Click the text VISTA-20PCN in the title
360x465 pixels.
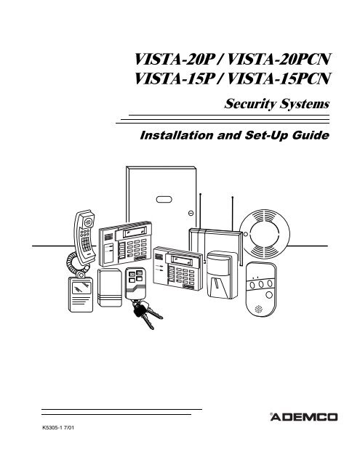click(279, 60)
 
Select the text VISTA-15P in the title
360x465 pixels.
click(175, 79)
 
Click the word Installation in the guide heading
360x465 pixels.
click(177, 135)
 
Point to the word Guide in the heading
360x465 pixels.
click(311, 136)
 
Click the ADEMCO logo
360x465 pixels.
click(303, 417)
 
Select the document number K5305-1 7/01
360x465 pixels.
click(58, 427)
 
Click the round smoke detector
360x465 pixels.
click(265, 234)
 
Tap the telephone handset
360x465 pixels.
click(84, 238)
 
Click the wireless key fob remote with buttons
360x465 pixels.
click(135, 284)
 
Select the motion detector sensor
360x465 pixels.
click(222, 275)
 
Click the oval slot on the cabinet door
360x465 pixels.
click(164, 200)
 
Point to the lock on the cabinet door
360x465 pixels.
click(191, 213)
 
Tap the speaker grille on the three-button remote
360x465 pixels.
click(258, 310)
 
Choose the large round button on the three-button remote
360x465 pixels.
click(269, 295)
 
